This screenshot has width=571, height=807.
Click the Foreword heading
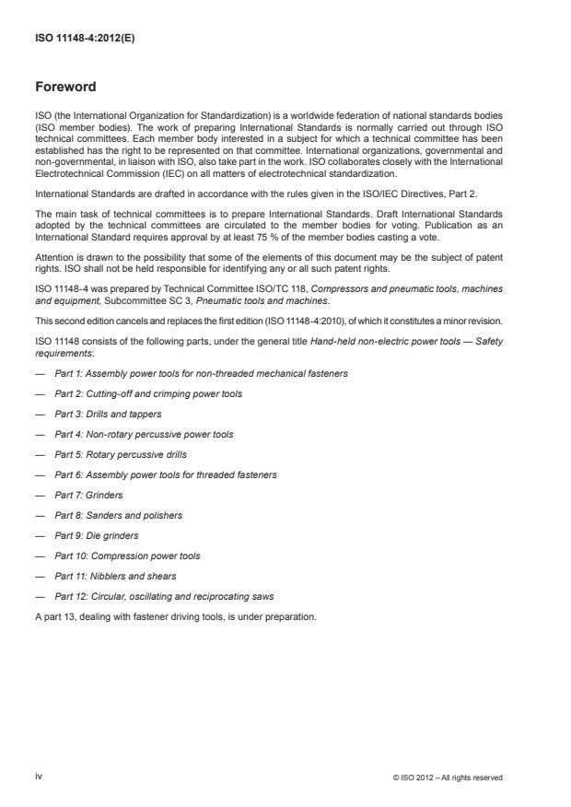(65, 88)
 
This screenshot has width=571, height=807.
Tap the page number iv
(39, 777)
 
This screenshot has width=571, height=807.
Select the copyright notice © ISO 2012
(447, 778)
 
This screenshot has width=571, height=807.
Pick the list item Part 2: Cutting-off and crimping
(148, 393)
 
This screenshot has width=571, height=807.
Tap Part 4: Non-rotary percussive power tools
(144, 434)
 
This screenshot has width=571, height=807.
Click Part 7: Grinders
(89, 495)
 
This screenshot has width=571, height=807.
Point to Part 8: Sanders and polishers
(118, 515)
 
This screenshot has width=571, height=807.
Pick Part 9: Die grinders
(98, 535)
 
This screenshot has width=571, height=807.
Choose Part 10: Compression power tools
(127, 556)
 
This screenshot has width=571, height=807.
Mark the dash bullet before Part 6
(40, 474)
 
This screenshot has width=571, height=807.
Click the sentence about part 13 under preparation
(175, 616)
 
